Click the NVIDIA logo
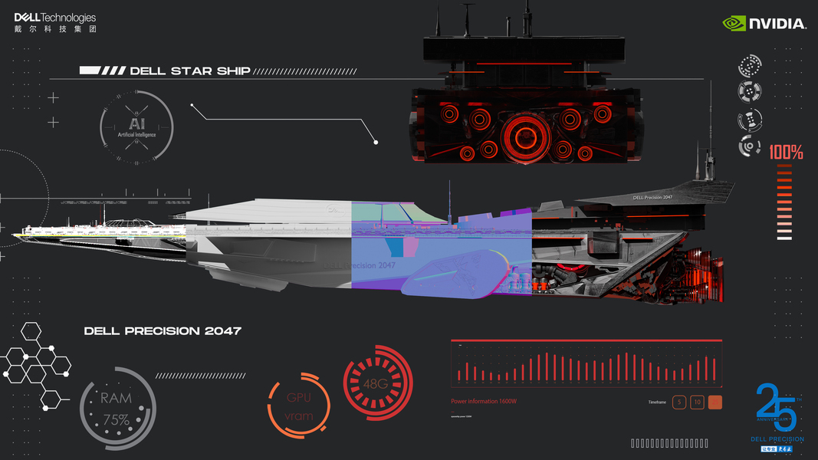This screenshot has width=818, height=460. [x=764, y=24]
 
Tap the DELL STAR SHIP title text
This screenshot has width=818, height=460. [x=190, y=71]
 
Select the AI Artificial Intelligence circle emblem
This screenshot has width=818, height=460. [x=136, y=127]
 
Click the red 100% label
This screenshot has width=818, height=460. [x=786, y=153]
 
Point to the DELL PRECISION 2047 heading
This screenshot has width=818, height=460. [x=163, y=331]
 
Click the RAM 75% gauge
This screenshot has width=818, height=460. [x=117, y=409]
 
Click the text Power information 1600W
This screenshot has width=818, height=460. [x=484, y=401]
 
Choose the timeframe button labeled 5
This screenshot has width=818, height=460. [x=678, y=402]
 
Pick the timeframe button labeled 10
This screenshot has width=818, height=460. [x=697, y=402]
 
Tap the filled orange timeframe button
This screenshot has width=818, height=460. [x=715, y=402]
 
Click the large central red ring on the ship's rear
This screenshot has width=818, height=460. [x=525, y=136]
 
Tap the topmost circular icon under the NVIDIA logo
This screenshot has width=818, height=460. [x=751, y=64]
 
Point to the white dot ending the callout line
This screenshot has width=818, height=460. [x=376, y=142]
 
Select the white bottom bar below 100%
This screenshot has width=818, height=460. [x=784, y=238]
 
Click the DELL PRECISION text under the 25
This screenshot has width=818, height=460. [x=778, y=439]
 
